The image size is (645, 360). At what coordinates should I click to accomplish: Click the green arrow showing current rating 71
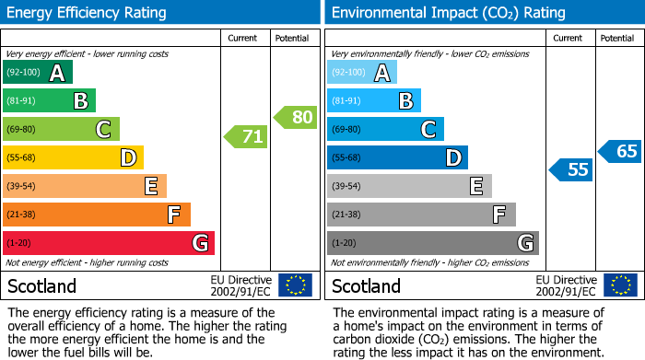pos(246,137)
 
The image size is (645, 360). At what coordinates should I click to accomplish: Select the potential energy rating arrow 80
pos(295,117)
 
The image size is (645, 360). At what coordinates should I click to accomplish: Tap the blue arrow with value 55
pos(571,169)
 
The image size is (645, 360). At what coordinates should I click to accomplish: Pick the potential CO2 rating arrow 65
pos(619,151)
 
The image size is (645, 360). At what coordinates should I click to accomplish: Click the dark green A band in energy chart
pos(38,73)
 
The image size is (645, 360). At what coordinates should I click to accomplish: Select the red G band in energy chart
pos(109,243)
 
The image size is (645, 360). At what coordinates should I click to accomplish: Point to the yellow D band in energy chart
pos(73,157)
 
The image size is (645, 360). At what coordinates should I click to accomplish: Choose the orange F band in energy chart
pos(97,215)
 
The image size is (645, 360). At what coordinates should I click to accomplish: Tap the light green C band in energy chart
pos(61,130)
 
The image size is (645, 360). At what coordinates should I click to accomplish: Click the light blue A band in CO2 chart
pos(362,73)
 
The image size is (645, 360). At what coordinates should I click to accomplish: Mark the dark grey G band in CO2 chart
pos(432,243)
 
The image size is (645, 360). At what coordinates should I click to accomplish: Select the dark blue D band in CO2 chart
pos(397,157)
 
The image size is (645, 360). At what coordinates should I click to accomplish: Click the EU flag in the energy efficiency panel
pos(295,285)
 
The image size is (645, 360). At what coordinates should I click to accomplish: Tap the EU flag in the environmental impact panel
pos(620,285)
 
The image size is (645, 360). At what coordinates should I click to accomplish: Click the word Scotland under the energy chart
pos(41,285)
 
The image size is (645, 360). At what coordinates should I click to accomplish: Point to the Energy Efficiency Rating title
pos(87,13)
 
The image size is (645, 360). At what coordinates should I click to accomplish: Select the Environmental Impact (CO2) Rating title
pos(447,13)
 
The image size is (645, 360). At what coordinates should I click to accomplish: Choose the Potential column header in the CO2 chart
pos(617,38)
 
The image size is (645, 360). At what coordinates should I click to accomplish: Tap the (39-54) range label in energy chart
pos(21,187)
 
